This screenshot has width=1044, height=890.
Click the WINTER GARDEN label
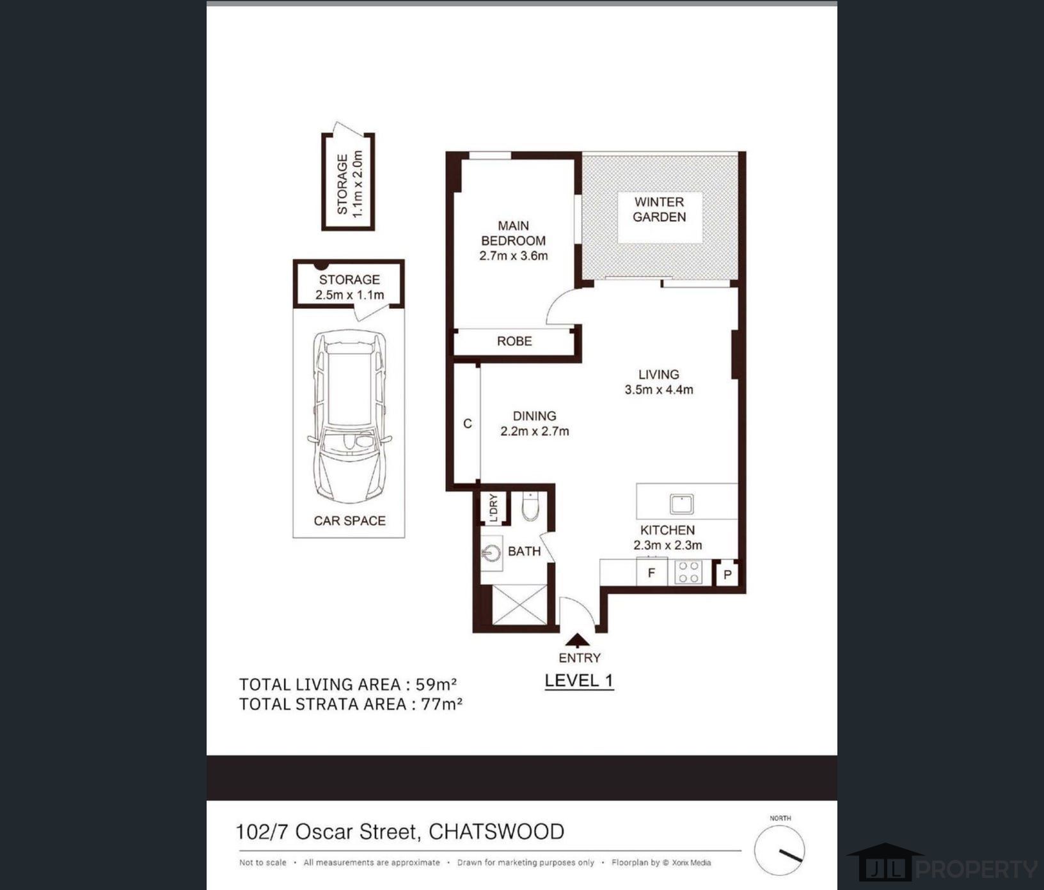click(x=659, y=209)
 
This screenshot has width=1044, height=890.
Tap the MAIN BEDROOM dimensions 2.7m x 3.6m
click(x=514, y=256)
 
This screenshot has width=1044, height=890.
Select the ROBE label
click(x=514, y=341)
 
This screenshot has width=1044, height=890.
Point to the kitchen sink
click(x=681, y=504)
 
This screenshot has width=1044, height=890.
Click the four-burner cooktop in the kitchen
click(x=688, y=572)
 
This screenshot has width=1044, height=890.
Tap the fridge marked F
click(x=652, y=572)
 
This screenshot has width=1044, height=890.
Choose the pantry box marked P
click(x=727, y=574)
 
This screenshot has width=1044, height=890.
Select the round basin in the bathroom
click(x=491, y=552)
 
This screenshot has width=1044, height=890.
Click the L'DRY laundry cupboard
click(x=493, y=508)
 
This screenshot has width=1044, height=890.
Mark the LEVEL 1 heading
click(x=579, y=680)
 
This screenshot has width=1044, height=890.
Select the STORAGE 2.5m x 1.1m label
click(x=349, y=287)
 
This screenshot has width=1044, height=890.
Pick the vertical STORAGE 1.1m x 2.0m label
click(x=349, y=183)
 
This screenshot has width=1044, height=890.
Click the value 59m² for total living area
click(x=436, y=684)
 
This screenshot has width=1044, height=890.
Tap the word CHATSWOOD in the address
click(x=496, y=831)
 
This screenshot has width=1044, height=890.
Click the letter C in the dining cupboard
click(x=468, y=423)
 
